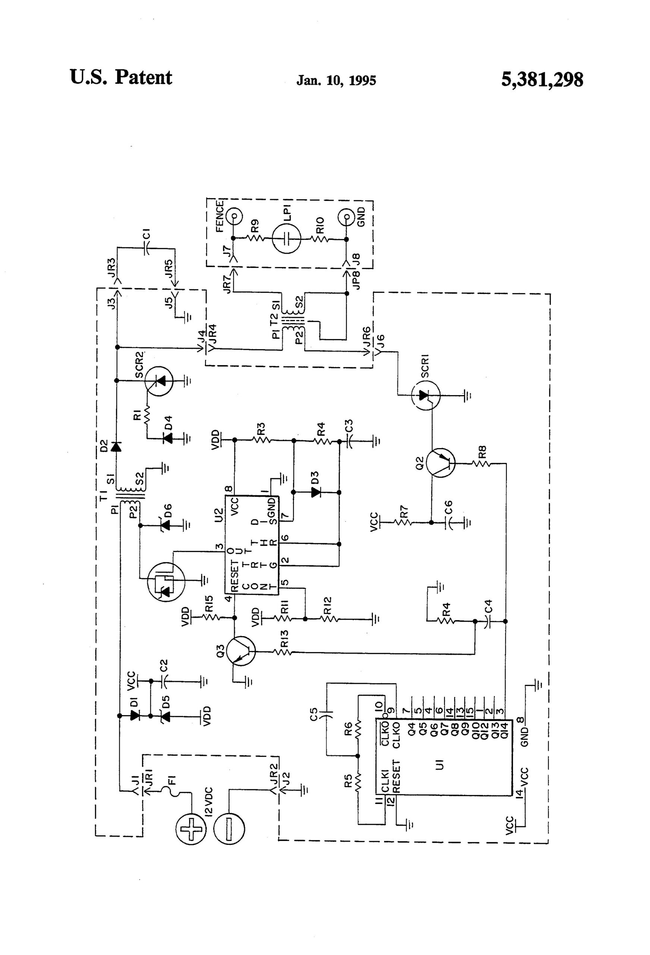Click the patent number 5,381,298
tap(541, 79)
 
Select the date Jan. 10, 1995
tap(336, 80)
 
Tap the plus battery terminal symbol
tap(191, 829)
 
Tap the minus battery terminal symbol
tap(229, 829)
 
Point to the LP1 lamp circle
tap(287, 238)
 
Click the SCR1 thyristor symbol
tap(426, 396)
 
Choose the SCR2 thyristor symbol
tap(158, 381)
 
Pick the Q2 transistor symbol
tap(440, 463)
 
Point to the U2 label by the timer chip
tap(219, 515)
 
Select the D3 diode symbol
tap(315, 492)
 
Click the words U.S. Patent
tap(121, 77)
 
